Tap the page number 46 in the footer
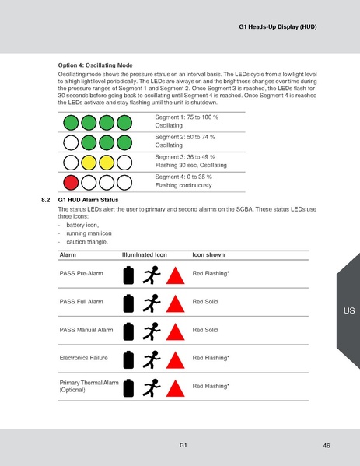pos(327,445)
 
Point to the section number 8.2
pos(45,201)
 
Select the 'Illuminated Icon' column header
pos(145,254)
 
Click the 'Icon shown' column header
pos(208,254)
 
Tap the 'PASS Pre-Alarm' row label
pos(82,274)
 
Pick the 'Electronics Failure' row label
pos(85,358)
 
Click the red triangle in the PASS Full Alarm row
pos(176,303)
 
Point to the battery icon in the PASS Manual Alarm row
pos(129,331)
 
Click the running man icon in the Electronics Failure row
pos(152,359)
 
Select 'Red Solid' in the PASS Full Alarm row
pos(204,302)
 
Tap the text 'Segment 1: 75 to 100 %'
pos(187,117)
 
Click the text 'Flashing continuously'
pos(183,186)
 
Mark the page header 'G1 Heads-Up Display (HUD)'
pos(277,28)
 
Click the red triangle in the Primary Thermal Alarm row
pos(176,387)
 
